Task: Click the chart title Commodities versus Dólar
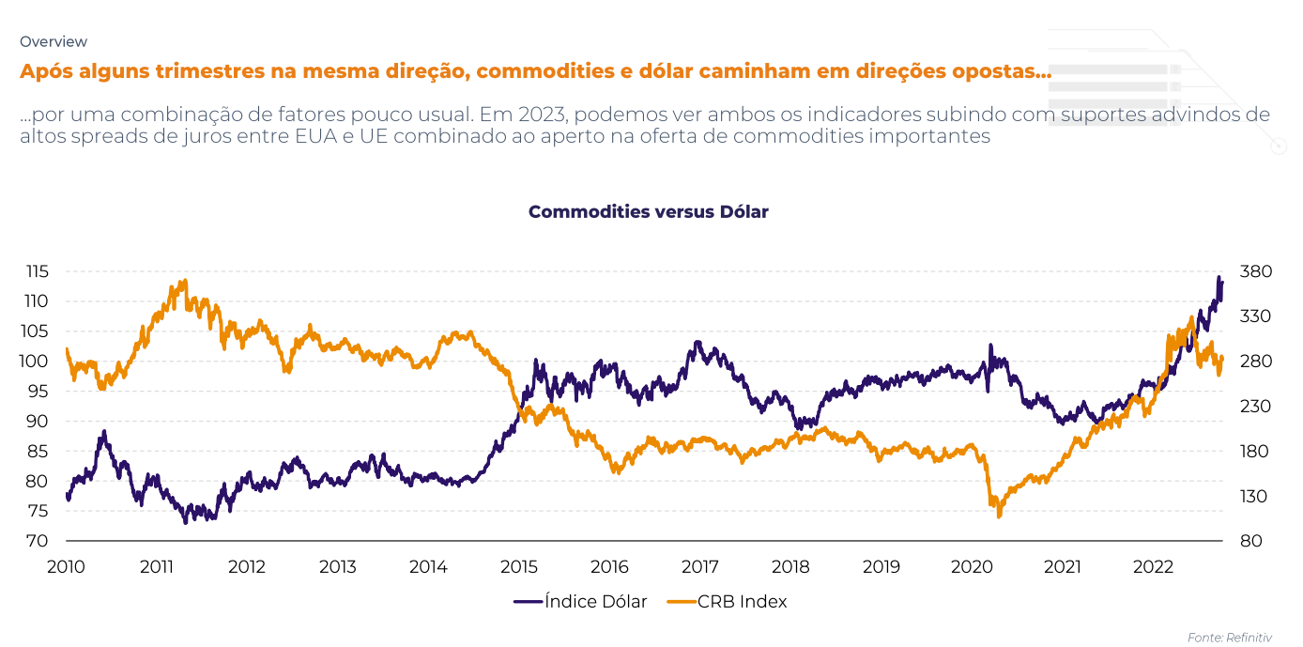[648, 212]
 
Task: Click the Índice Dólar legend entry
[581, 602]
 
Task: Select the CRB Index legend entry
[727, 602]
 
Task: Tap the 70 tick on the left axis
[38, 542]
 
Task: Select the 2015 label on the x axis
[518, 567]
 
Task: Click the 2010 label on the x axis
[66, 567]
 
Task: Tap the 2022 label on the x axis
[1153, 567]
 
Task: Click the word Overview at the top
[54, 41]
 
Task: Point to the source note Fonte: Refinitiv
[1230, 638]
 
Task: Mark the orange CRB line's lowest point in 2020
[999, 516]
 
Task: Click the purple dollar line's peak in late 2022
[1219, 278]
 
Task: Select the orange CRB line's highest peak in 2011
[183, 281]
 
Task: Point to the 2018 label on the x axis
[790, 567]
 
